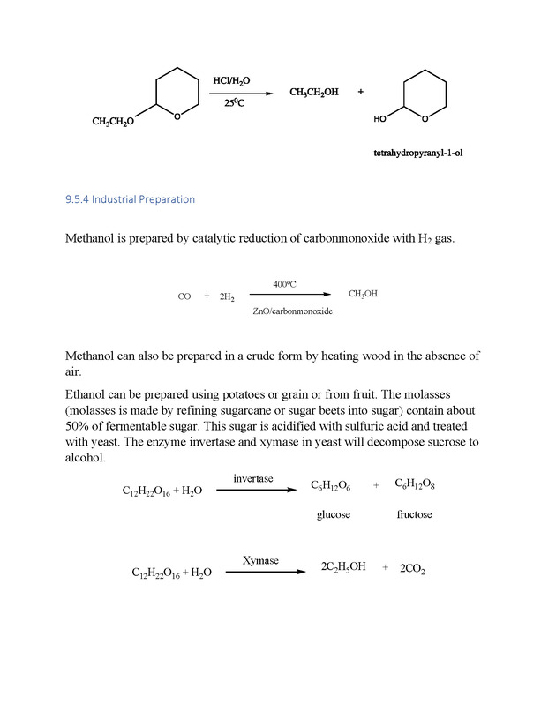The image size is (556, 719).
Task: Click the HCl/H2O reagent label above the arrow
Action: pyautogui.click(x=231, y=81)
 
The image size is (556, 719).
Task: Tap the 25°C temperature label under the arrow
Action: pyautogui.click(x=233, y=103)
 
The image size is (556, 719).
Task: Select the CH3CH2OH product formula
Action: pyautogui.click(x=313, y=93)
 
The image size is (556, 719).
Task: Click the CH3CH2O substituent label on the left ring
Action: pyautogui.click(x=112, y=122)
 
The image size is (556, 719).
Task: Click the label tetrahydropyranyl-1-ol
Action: pyautogui.click(x=418, y=153)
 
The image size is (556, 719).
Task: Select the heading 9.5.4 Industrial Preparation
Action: pyautogui.click(x=130, y=199)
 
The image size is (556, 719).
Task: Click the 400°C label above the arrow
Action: pyautogui.click(x=284, y=284)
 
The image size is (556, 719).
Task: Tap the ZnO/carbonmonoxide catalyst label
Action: pyautogui.click(x=292, y=311)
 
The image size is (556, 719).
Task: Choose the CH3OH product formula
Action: pyautogui.click(x=363, y=294)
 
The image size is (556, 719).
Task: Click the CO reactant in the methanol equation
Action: pyautogui.click(x=184, y=297)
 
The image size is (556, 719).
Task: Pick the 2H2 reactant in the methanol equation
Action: pyautogui.click(x=227, y=298)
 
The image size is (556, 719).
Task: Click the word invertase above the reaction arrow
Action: pyautogui.click(x=252, y=478)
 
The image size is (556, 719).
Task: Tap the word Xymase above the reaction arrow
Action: pyautogui.click(x=260, y=561)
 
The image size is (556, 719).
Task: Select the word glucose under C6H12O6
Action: pyautogui.click(x=334, y=514)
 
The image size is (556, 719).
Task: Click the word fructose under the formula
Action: pyautogui.click(x=414, y=514)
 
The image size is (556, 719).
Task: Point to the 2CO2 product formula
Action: pyautogui.click(x=412, y=570)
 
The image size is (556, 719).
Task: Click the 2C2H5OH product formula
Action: pyautogui.click(x=343, y=567)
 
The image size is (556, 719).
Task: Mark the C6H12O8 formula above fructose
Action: pyautogui.click(x=414, y=484)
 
